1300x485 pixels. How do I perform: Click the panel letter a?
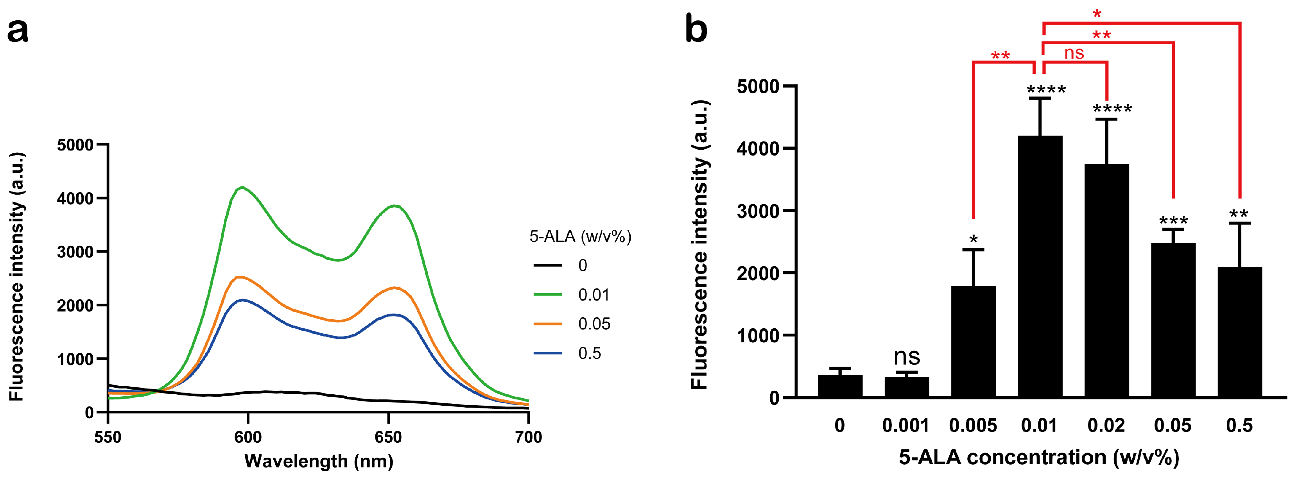[x=18, y=30]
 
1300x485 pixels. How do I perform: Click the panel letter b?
[x=696, y=29]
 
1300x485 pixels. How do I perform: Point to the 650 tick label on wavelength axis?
[x=388, y=437]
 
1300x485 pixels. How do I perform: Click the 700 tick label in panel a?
[x=528, y=437]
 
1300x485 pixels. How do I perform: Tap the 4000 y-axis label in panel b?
[x=758, y=149]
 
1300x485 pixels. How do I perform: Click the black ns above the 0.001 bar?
[x=907, y=356]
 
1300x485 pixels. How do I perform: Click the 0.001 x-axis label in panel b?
[x=906, y=426]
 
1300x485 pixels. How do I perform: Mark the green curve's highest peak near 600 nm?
[x=243, y=187]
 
